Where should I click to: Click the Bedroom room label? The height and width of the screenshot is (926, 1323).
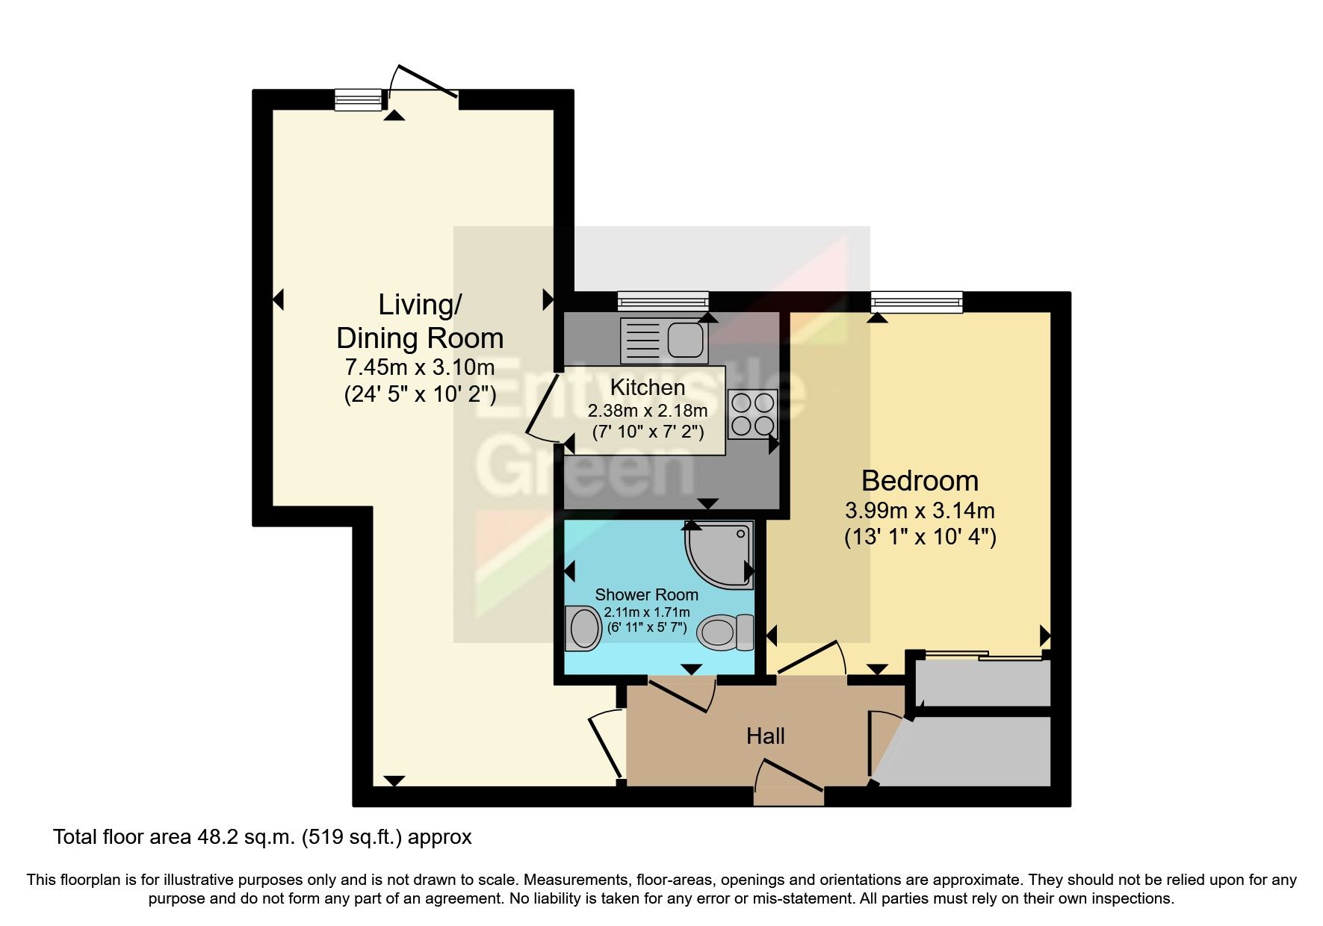(x=920, y=481)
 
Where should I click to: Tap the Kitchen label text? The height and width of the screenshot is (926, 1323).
(x=647, y=388)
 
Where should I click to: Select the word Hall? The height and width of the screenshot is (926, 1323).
(x=765, y=736)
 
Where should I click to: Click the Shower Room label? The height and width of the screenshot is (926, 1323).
(x=646, y=595)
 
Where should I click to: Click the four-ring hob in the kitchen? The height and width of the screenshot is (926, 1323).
(x=752, y=414)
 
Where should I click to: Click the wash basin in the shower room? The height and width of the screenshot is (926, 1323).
(x=583, y=628)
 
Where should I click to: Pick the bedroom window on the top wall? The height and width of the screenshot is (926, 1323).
(x=916, y=302)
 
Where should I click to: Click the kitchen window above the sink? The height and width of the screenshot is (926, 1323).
(x=663, y=302)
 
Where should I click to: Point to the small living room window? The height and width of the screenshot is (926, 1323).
(x=358, y=100)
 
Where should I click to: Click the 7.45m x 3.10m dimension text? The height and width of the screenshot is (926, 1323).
(x=419, y=367)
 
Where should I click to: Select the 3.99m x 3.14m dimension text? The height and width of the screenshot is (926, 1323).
(x=920, y=511)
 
